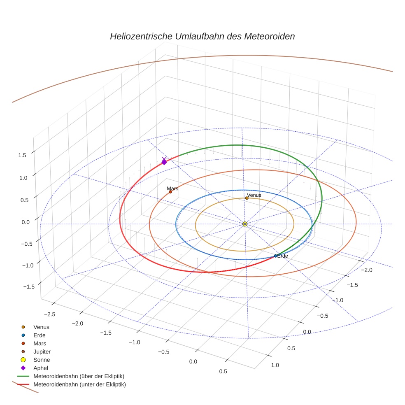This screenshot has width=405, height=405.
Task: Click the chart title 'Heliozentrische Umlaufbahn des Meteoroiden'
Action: pos(202,36)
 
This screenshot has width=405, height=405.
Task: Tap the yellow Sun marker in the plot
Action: pos(245,224)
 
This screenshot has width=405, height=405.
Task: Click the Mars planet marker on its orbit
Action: pos(170,192)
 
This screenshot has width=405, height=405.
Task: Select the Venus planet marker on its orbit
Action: pos(247,198)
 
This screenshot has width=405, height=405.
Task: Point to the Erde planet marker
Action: pos(275,256)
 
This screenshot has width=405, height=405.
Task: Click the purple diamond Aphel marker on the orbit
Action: pos(164,162)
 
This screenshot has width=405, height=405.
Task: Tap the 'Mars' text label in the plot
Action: pos(172,189)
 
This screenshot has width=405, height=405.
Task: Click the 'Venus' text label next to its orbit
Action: pos(254,195)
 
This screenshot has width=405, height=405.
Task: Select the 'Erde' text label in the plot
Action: pos(283,256)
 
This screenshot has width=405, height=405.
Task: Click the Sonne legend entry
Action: pos(42,360)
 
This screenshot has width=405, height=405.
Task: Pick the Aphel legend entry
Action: pos(40,368)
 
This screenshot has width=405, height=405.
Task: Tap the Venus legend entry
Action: pos(41,327)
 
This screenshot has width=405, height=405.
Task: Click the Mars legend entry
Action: pos(40,343)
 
